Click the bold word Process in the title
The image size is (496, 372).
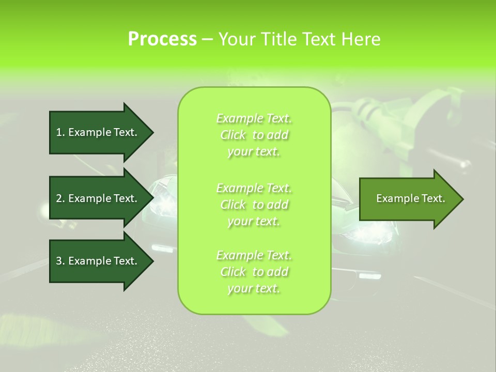click(162, 39)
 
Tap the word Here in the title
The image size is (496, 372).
click(361, 39)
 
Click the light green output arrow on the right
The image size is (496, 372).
click(408, 199)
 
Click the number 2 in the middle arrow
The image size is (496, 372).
click(59, 198)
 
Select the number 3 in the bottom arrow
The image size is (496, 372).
click(59, 261)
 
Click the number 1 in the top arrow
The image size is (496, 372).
click(59, 132)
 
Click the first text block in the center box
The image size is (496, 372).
click(254, 135)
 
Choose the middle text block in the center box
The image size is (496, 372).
click(254, 205)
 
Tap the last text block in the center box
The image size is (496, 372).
click(254, 272)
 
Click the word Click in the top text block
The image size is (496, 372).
click(233, 135)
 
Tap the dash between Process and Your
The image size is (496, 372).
click(207, 40)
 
